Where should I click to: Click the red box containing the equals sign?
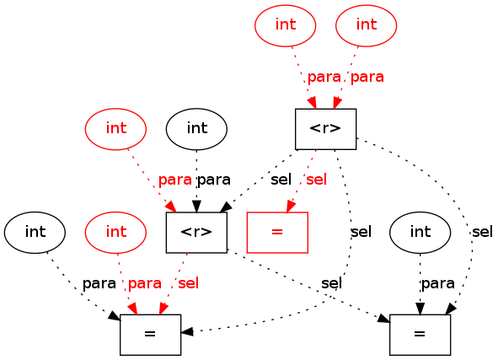click(x=277, y=232)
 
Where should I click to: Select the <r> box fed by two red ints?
click(x=325, y=129)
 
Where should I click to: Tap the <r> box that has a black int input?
click(x=196, y=232)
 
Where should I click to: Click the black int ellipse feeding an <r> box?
click(x=196, y=129)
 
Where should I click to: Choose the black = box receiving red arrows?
click(x=151, y=335)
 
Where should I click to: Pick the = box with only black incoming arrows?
click(x=420, y=335)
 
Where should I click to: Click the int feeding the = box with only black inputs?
click(x=420, y=232)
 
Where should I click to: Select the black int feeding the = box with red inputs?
click(x=35, y=232)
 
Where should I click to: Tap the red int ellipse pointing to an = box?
click(x=115, y=232)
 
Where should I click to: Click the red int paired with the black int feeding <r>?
click(x=115, y=129)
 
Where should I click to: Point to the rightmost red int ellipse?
click(x=367, y=25)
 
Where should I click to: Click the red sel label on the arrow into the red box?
click(x=316, y=180)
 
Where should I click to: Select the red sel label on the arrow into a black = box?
click(x=189, y=283)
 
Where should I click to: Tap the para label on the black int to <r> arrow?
click(x=214, y=180)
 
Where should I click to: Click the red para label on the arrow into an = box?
click(x=144, y=283)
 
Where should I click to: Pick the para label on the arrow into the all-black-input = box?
click(x=438, y=283)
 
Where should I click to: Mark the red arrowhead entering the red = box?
click(x=291, y=207)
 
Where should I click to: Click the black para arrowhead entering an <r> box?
click(x=196, y=207)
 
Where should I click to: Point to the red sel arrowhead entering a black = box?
click(x=163, y=309)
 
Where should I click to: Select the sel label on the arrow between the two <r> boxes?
click(x=281, y=180)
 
